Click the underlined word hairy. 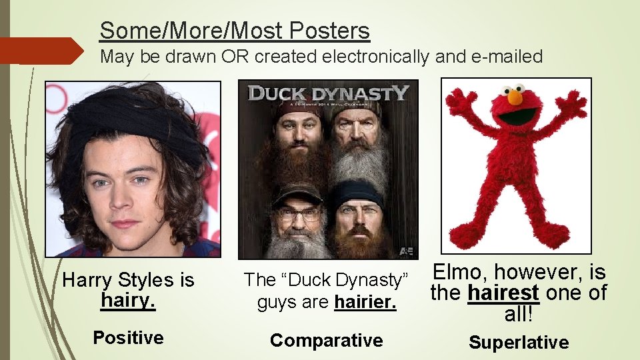pyautogui.click(x=128, y=300)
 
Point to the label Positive pyautogui.click(x=128, y=337)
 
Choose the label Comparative pyautogui.click(x=326, y=340)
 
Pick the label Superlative pyautogui.click(x=519, y=343)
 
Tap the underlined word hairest pyautogui.click(x=503, y=293)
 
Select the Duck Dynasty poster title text pyautogui.click(x=327, y=93)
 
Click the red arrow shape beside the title pyautogui.click(x=44, y=51)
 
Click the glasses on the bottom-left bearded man pyautogui.click(x=299, y=213)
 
